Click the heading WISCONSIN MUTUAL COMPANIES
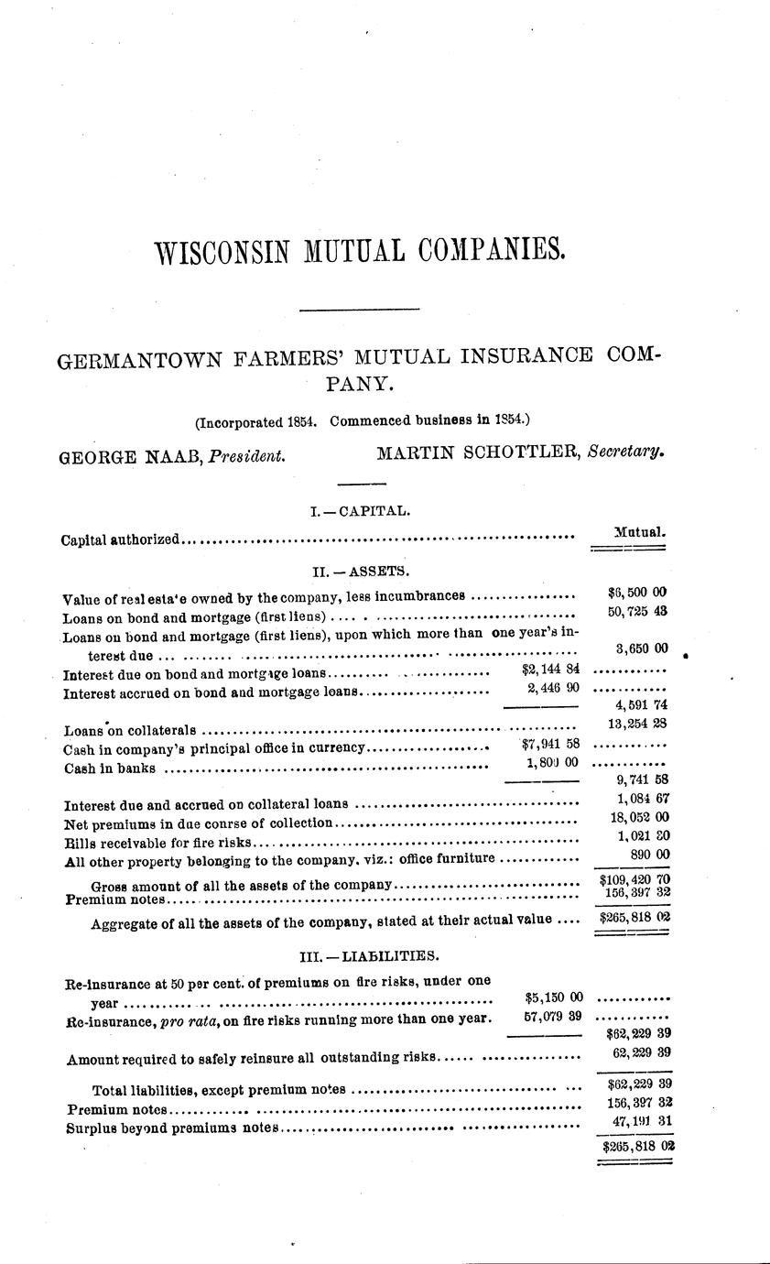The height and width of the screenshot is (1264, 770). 358,250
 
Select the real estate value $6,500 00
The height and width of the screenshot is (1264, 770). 636,593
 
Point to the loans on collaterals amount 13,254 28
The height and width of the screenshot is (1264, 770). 636,725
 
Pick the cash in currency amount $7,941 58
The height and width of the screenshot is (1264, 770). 548,745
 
